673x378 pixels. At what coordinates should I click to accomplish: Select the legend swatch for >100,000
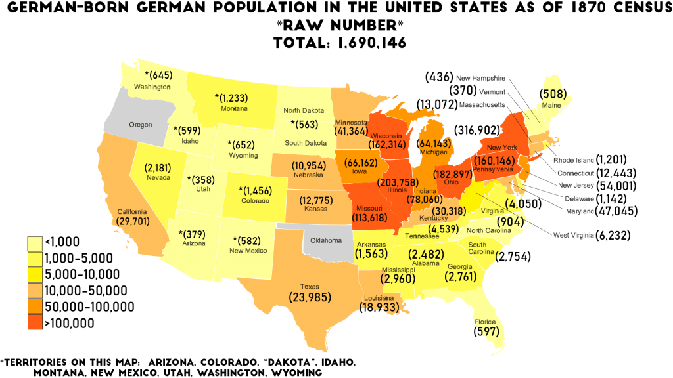[x=34, y=323]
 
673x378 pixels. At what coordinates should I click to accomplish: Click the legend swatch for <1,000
[x=34, y=241]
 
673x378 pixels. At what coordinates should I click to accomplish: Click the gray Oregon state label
[x=140, y=125]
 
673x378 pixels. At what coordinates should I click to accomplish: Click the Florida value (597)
[x=486, y=332]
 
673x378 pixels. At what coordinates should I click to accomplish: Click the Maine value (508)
[x=553, y=93]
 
